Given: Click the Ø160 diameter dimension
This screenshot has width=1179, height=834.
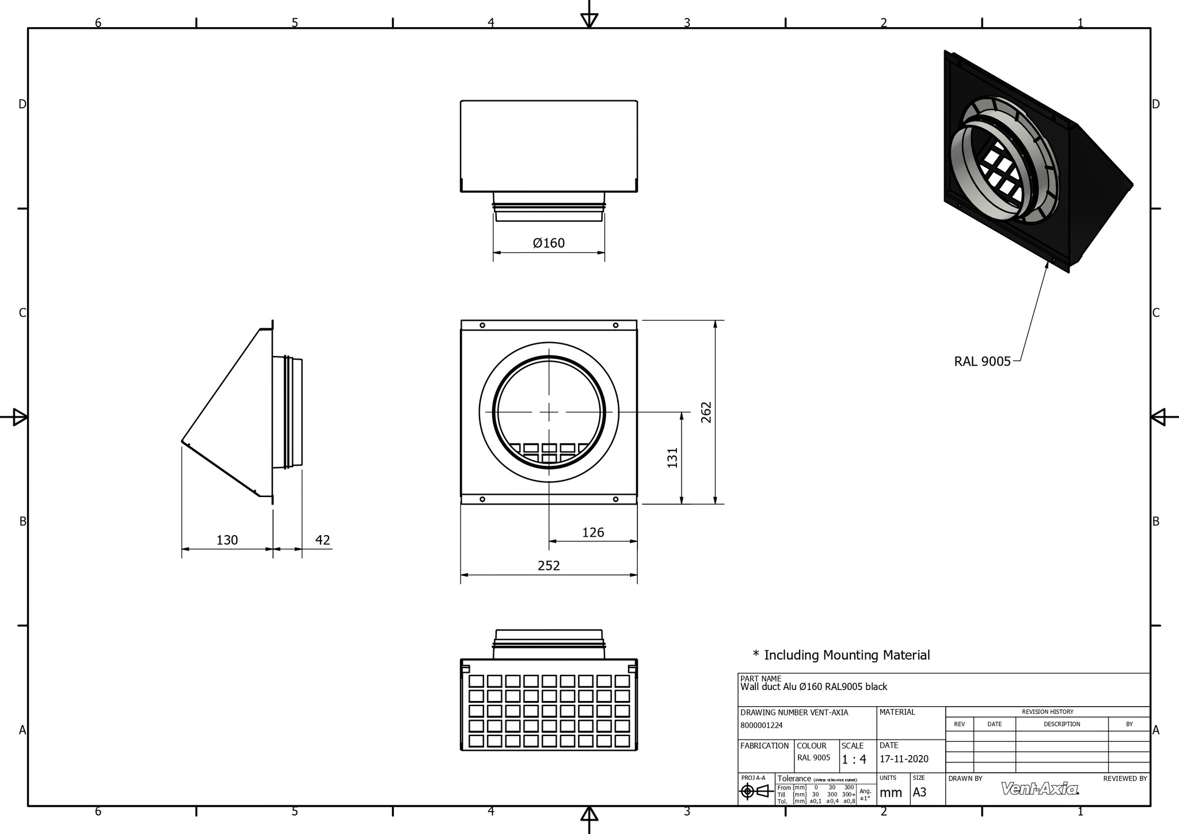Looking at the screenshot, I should (x=549, y=243).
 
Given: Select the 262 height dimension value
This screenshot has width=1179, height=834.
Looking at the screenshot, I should (x=706, y=412).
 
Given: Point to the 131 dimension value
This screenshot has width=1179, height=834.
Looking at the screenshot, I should (x=672, y=457).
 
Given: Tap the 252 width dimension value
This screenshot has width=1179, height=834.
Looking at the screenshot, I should (x=549, y=566).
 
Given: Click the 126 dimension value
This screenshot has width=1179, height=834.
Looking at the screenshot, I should (x=593, y=532).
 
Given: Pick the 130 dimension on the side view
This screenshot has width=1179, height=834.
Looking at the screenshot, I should (x=227, y=540).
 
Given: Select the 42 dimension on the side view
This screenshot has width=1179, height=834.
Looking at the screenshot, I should (x=323, y=540).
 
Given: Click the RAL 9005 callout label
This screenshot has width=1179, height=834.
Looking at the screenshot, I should (x=982, y=362).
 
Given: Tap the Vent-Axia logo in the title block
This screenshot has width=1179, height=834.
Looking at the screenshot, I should (x=1040, y=788).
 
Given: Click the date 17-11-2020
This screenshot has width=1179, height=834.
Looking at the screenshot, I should (x=904, y=759).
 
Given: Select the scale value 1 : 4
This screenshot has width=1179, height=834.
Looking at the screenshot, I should (x=854, y=760).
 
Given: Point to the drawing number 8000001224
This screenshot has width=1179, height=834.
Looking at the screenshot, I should (x=761, y=726).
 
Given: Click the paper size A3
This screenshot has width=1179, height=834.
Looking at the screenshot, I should (x=919, y=793).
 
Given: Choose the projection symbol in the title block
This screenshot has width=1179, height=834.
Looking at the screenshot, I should (x=755, y=791).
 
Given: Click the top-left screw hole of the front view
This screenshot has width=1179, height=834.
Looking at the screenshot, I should (x=482, y=325).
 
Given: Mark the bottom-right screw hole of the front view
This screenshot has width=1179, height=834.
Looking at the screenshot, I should (x=615, y=499).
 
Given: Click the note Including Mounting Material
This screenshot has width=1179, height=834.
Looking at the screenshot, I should (x=841, y=655).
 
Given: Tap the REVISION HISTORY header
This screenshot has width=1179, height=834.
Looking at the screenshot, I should (x=1047, y=712).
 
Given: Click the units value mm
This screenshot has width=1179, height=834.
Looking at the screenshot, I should (x=891, y=793).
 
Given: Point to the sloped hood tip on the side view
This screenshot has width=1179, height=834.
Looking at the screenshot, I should (x=182, y=442).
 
